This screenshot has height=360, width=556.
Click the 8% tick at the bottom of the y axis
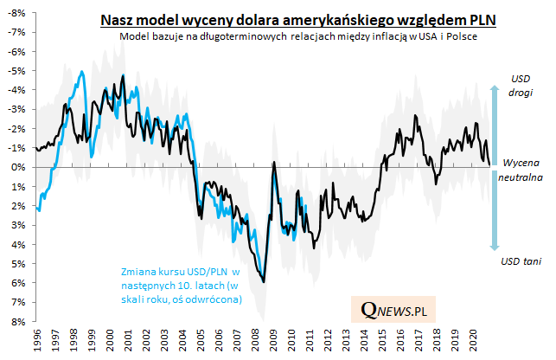(x=16, y=322)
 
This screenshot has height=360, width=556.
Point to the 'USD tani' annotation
(x=521, y=260)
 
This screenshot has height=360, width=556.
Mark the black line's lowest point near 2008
(x=264, y=280)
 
